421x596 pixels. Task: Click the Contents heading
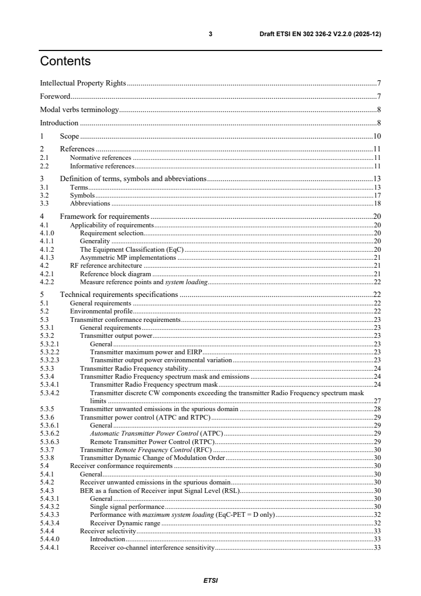[x=65, y=62]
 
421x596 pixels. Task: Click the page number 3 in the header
[x=211, y=34]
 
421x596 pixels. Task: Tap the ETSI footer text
[x=211, y=580]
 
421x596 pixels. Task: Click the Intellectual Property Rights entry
[x=83, y=83]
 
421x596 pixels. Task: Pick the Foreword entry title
[x=55, y=96]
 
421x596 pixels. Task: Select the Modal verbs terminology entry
[x=79, y=109]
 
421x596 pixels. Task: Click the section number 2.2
[x=45, y=166]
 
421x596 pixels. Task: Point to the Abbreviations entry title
[x=90, y=203]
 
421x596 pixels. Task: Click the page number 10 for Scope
[x=377, y=136]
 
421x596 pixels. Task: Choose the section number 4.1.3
[x=47, y=257]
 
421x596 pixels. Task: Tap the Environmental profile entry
[x=101, y=311]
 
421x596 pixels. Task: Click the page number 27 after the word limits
[x=377, y=401]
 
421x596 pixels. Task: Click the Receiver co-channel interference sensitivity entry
[x=152, y=548]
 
